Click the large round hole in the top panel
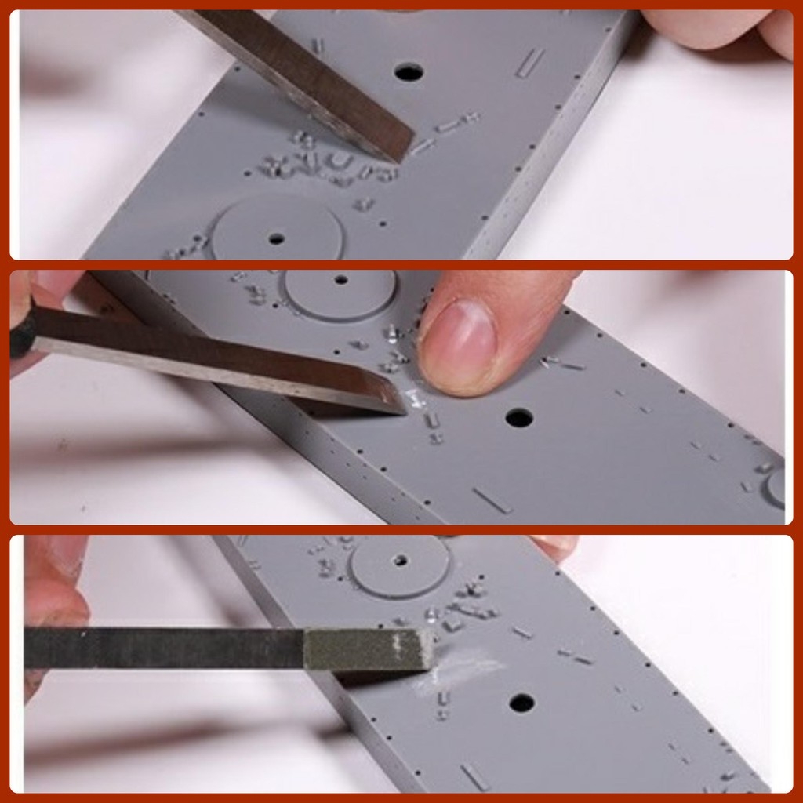[409, 72]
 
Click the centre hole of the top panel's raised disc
[276, 237]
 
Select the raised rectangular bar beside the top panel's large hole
[530, 63]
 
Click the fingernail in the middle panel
[458, 344]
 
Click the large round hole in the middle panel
[519, 417]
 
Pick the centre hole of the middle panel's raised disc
[340, 279]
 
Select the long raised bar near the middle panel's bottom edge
[492, 500]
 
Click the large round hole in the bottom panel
[521, 703]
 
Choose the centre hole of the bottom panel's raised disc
[401, 561]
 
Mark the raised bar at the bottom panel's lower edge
[475, 776]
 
